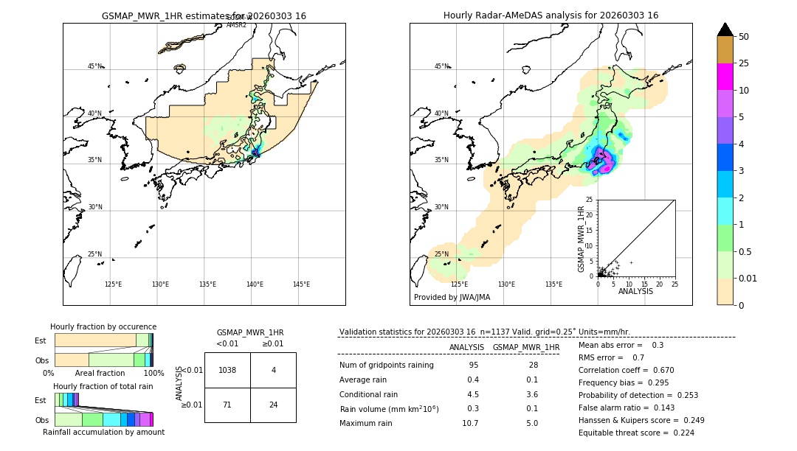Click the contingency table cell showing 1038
[227, 370]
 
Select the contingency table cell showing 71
[227, 405]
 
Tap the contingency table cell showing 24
[273, 405]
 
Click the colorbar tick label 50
[744, 37]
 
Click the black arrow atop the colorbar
[725, 29]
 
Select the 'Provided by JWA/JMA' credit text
[452, 298]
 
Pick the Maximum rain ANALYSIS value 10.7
[470, 423]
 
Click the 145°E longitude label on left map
[301, 284]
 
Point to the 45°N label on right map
[441, 66]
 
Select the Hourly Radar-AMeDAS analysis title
[551, 15]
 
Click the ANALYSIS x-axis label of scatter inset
[635, 291]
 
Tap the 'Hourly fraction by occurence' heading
[103, 326]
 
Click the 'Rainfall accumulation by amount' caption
[103, 432]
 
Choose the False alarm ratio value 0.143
[663, 408]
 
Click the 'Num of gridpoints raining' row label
[387, 366]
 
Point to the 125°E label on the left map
[113, 284]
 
